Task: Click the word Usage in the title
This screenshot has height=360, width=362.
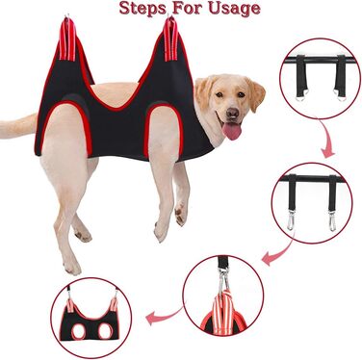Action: (234, 9)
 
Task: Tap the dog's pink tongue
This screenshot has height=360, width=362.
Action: (232, 131)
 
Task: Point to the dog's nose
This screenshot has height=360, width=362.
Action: (232, 113)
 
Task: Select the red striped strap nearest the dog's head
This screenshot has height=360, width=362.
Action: (170, 39)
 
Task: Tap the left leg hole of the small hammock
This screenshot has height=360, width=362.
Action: (79, 330)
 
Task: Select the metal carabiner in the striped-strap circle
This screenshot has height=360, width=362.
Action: (223, 278)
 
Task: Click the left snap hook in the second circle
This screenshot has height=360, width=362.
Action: (291, 219)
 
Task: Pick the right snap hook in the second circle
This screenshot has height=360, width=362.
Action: (332, 220)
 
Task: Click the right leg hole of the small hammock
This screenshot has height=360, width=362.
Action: (106, 330)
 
